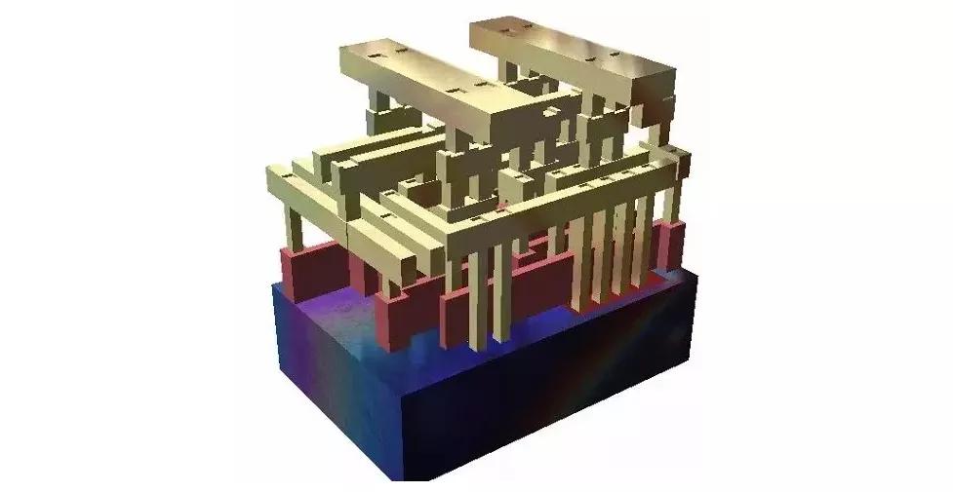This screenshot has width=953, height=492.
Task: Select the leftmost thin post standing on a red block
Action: [293, 229]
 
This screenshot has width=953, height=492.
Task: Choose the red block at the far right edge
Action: [669, 244]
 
